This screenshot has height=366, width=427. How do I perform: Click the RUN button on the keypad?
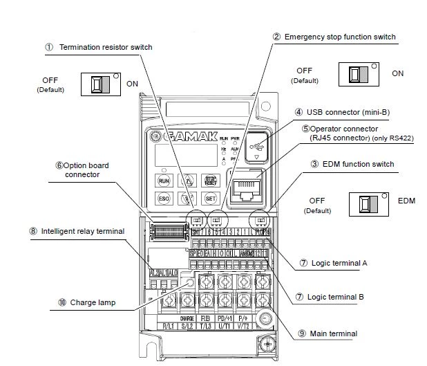(x=164, y=181)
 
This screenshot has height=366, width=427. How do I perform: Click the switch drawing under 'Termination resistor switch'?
(x=101, y=84)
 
